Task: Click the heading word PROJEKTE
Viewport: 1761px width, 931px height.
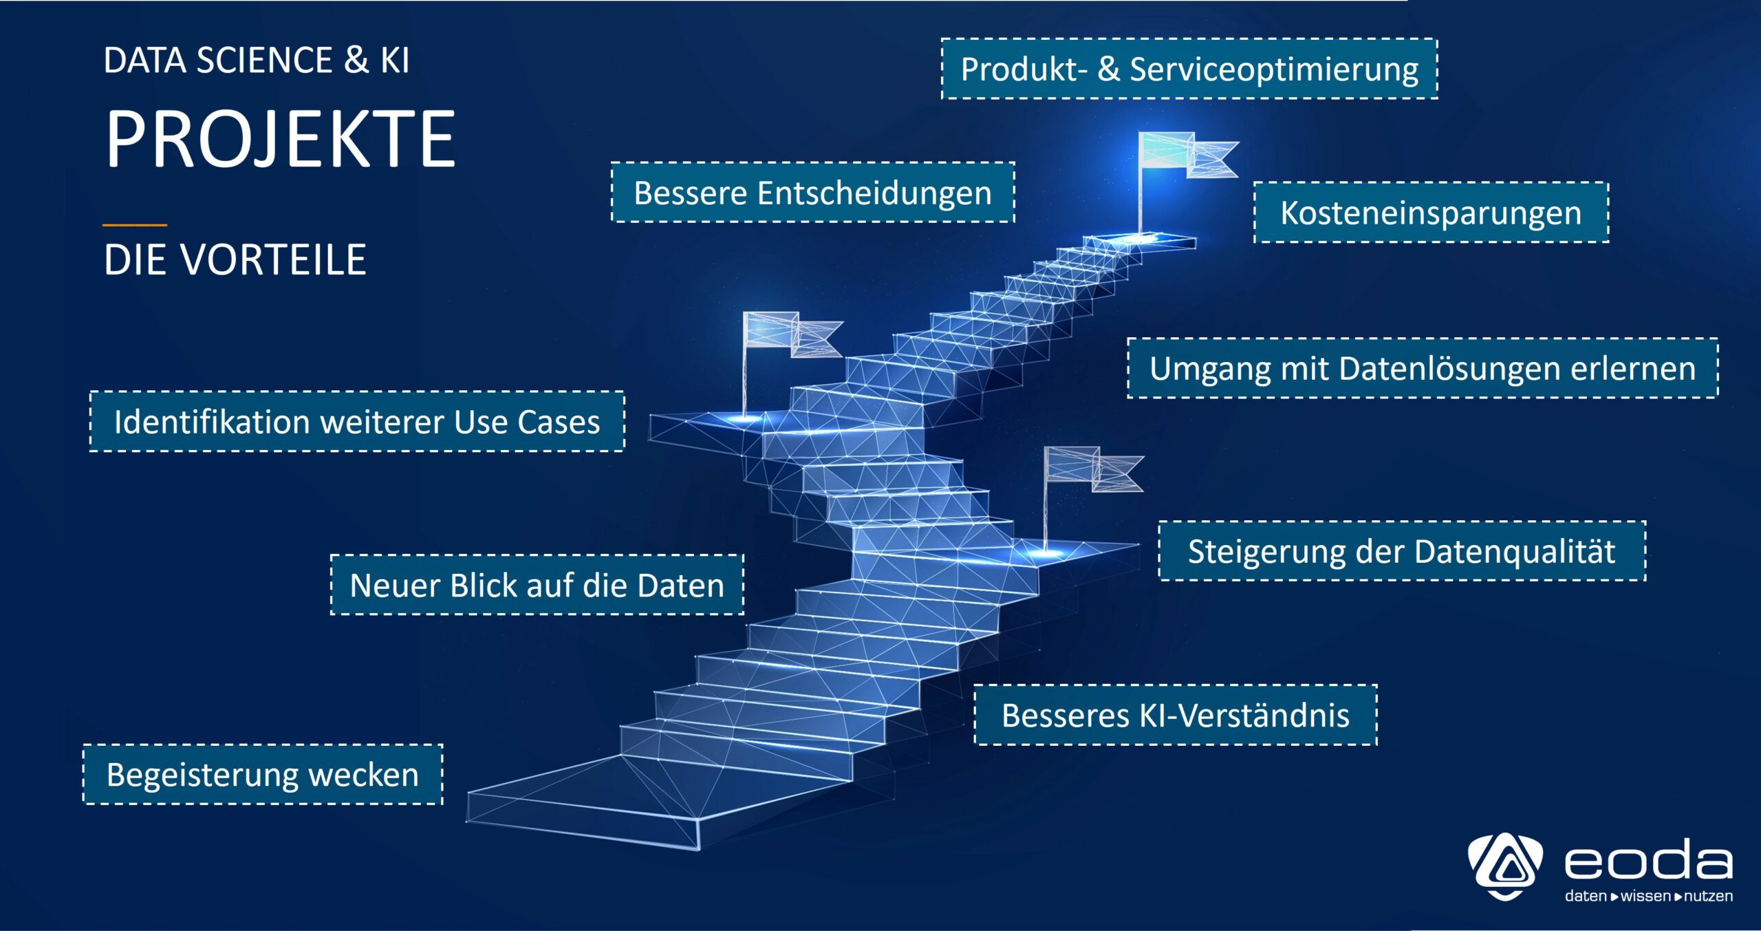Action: click(280, 140)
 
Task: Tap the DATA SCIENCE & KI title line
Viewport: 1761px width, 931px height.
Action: click(257, 61)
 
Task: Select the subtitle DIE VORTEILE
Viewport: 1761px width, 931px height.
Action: click(235, 260)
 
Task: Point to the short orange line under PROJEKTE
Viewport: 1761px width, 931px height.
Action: click(135, 225)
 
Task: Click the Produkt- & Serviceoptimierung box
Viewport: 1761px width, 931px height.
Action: click(1189, 69)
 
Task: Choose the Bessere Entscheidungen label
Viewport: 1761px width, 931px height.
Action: click(812, 193)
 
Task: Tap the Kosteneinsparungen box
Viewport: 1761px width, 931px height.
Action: click(1431, 213)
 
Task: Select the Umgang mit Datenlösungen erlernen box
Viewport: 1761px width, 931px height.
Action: click(1423, 368)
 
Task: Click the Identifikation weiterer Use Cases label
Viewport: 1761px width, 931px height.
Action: click(357, 422)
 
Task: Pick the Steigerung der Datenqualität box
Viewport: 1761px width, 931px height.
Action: click(1402, 551)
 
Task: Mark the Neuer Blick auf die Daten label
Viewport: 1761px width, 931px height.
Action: click(537, 585)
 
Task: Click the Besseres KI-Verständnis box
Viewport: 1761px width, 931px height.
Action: click(1176, 715)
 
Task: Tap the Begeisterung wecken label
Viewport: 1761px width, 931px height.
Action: click(263, 775)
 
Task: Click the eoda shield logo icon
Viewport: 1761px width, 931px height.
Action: click(1505, 866)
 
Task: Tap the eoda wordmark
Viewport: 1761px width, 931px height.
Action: click(1648, 861)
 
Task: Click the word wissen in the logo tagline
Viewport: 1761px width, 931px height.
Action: click(1645, 896)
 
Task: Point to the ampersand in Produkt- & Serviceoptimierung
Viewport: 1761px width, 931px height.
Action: click(1108, 69)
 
